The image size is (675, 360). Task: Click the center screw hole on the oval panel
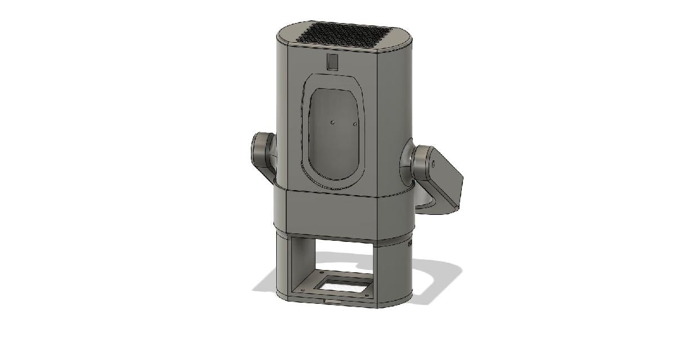pos(332,121)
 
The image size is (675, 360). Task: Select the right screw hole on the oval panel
pos(354,123)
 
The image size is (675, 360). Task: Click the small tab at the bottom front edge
pos(327,301)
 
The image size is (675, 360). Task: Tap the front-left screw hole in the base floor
pos(304,290)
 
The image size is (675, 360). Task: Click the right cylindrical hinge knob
pos(419,160)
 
